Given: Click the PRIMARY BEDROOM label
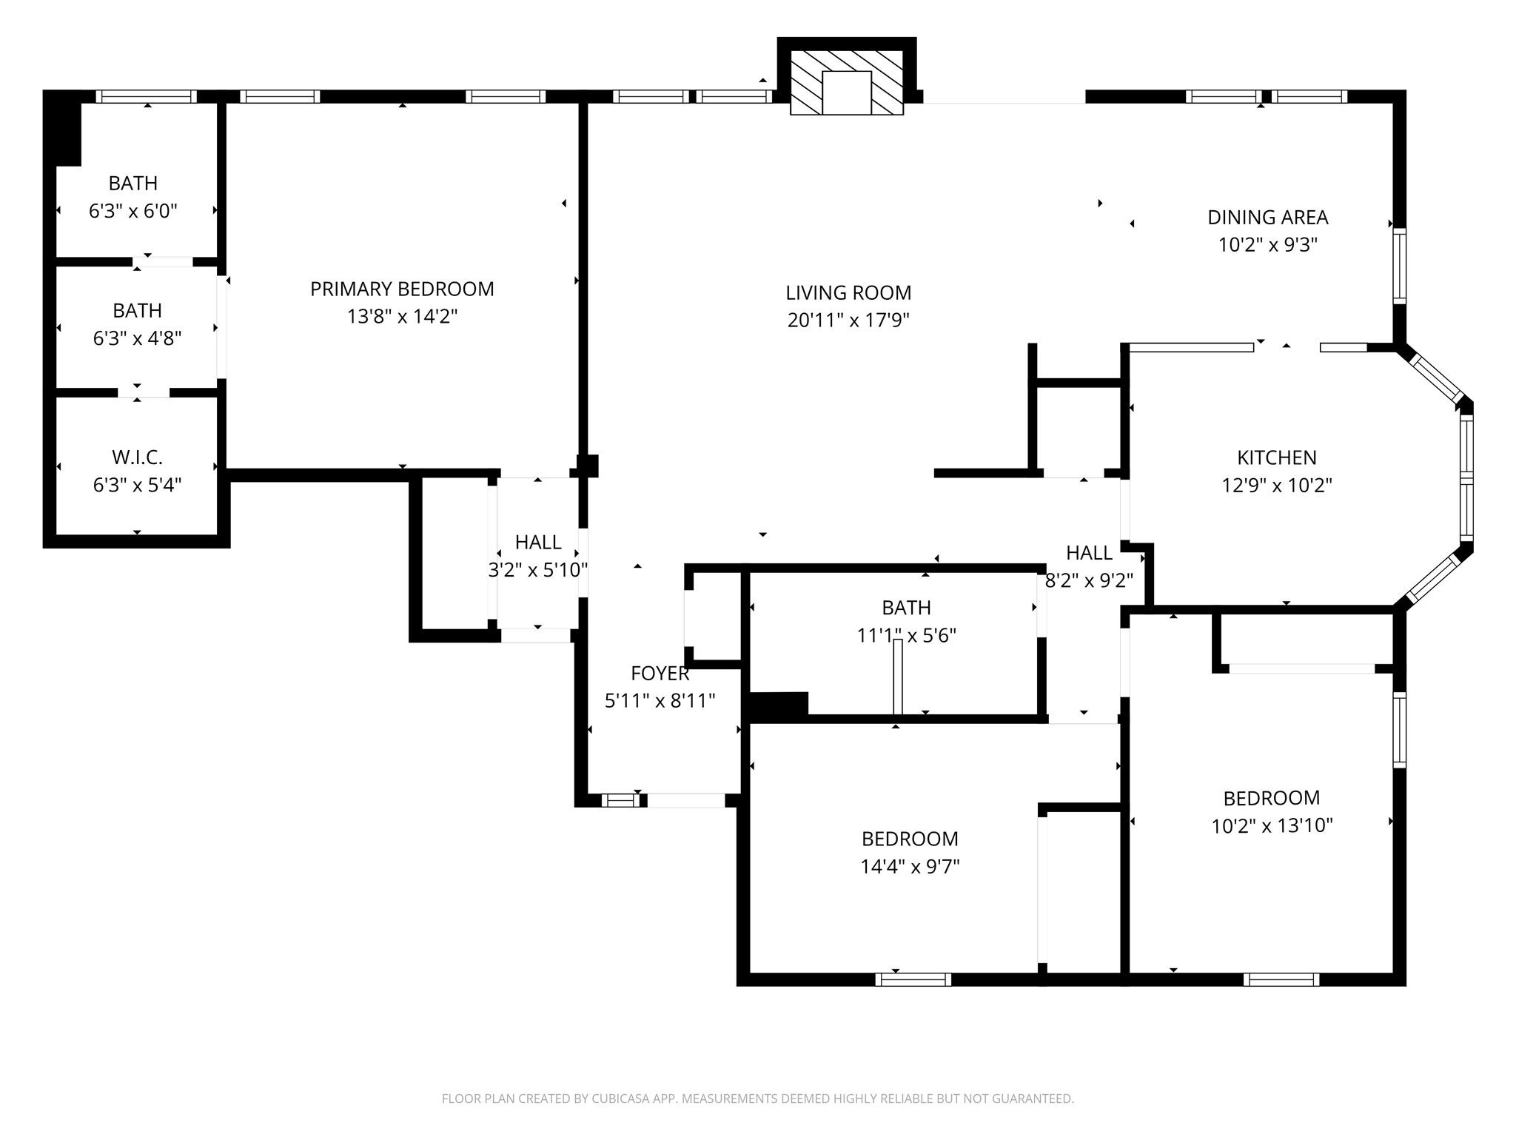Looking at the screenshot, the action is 402,289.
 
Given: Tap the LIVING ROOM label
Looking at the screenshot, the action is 848,292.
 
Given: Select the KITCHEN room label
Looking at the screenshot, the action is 1277,457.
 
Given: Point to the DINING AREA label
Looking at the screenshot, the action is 1268,217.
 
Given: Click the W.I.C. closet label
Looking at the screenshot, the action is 137,457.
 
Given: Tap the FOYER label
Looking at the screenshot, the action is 660,673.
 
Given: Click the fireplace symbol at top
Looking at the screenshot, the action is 847,83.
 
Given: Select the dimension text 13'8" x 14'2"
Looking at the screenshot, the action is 402,317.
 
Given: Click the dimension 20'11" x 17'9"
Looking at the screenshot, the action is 848,320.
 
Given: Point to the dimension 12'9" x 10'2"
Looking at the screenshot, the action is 1277,486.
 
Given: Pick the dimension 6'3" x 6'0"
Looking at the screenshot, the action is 133,211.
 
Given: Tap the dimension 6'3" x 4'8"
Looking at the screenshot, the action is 137,338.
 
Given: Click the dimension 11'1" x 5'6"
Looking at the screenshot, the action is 907,635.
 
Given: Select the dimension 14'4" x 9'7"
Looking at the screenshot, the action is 910,867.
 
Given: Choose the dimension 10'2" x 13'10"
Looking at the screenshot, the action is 1272,826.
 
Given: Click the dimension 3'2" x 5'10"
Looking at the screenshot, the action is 538,570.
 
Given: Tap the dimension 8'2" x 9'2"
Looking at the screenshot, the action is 1089,580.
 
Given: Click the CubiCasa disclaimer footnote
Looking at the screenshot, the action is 758,1099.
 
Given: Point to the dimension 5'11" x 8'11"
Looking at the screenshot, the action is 660,700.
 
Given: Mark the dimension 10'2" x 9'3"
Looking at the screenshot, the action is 1268,245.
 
